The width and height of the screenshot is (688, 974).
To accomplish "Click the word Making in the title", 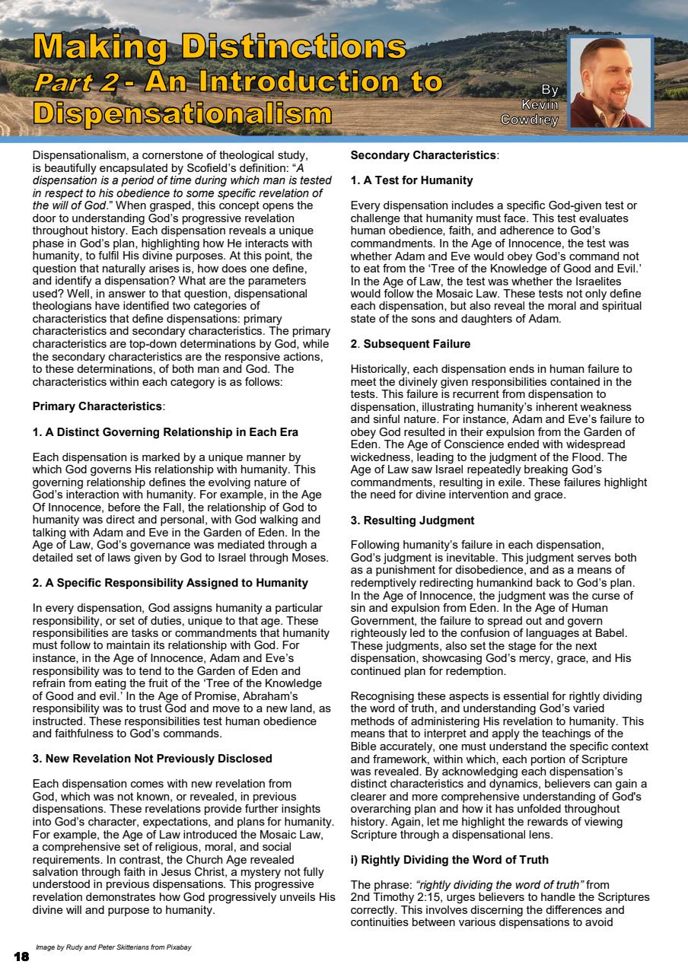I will (99, 47).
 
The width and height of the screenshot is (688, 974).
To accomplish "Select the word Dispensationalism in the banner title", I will (183, 114).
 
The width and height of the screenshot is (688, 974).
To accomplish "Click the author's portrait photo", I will (610, 82).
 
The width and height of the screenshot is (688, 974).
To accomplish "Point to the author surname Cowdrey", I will (530, 120).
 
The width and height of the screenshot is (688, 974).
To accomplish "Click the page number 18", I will (21, 956).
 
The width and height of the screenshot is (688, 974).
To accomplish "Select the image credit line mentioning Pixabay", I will (113, 947).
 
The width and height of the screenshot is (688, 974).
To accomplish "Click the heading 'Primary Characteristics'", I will (98, 406).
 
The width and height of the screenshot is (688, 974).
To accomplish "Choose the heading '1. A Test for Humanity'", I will (412, 180).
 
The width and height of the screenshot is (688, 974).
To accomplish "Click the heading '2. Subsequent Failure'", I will (411, 344).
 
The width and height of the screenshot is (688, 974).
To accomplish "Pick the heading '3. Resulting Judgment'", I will (412, 520).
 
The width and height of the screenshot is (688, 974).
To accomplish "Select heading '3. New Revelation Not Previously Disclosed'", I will (152, 759).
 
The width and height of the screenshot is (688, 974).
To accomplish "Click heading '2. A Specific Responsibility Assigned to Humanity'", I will (170, 583).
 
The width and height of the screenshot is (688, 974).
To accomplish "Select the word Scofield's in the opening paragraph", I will (223, 167).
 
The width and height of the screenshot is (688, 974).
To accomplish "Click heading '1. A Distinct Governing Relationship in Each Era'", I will (165, 432).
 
